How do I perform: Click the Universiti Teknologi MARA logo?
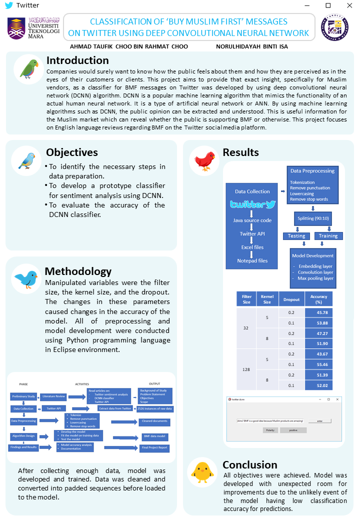(x=33, y=28)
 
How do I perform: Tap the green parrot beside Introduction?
(x=27, y=68)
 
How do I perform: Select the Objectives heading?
(x=72, y=152)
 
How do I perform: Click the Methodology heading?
(x=78, y=271)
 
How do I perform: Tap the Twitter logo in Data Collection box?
(x=252, y=204)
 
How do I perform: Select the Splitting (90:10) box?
(x=313, y=218)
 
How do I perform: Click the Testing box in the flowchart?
(x=296, y=236)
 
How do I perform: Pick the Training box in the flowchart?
(x=328, y=236)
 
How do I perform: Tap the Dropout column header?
(x=291, y=299)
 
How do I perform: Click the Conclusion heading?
(x=250, y=465)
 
